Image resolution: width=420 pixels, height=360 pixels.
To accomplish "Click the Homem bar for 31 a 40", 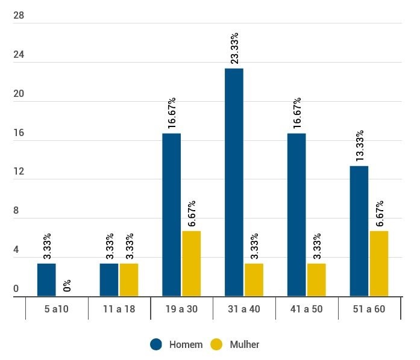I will (234, 182).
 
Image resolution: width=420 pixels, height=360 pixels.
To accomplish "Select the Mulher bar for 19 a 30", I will (191, 263).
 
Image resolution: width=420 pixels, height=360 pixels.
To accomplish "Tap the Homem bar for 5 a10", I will (46, 279).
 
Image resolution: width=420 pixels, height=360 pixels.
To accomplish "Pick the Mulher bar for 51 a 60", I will (378, 263).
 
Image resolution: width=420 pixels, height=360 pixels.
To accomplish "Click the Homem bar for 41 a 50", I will (296, 214).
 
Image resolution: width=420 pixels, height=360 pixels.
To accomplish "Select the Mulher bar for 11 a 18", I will (129, 279).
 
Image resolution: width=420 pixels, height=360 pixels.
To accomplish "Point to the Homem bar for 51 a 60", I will (359, 231).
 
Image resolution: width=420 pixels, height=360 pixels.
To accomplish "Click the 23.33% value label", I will (234, 48).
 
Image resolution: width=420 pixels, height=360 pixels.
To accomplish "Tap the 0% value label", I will (67, 286).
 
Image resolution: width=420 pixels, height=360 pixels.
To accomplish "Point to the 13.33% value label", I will (360, 146).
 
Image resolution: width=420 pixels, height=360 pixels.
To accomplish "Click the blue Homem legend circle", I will (157, 344).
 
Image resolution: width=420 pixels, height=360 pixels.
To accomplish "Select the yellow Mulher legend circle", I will (217, 344).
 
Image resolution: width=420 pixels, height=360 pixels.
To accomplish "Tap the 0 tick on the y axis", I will (16, 289).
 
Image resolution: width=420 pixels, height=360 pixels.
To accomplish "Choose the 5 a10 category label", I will (56, 309).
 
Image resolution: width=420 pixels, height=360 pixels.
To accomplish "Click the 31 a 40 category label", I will (244, 309).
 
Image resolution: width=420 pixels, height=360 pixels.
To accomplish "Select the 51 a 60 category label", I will (369, 309).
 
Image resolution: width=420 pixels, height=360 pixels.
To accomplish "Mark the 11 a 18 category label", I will (119, 309).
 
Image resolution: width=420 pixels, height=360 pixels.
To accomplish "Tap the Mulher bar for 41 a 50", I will (316, 279).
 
